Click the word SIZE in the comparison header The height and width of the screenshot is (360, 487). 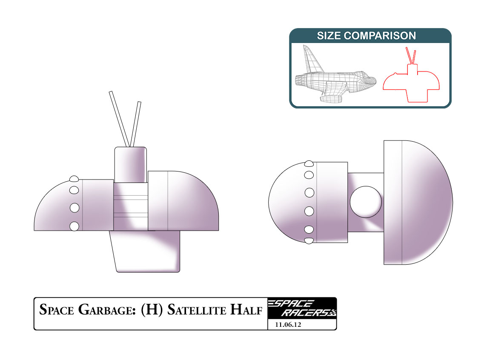point(329,36)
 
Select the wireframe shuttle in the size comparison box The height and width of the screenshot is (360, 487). point(336,79)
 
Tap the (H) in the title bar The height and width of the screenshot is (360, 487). point(150,310)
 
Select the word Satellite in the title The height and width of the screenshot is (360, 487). point(196,310)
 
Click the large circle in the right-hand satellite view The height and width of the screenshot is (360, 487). point(366,202)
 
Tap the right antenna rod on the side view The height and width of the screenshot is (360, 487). point(135,123)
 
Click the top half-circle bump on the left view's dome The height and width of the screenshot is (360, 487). point(74,178)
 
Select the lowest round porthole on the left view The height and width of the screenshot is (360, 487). point(74,226)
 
